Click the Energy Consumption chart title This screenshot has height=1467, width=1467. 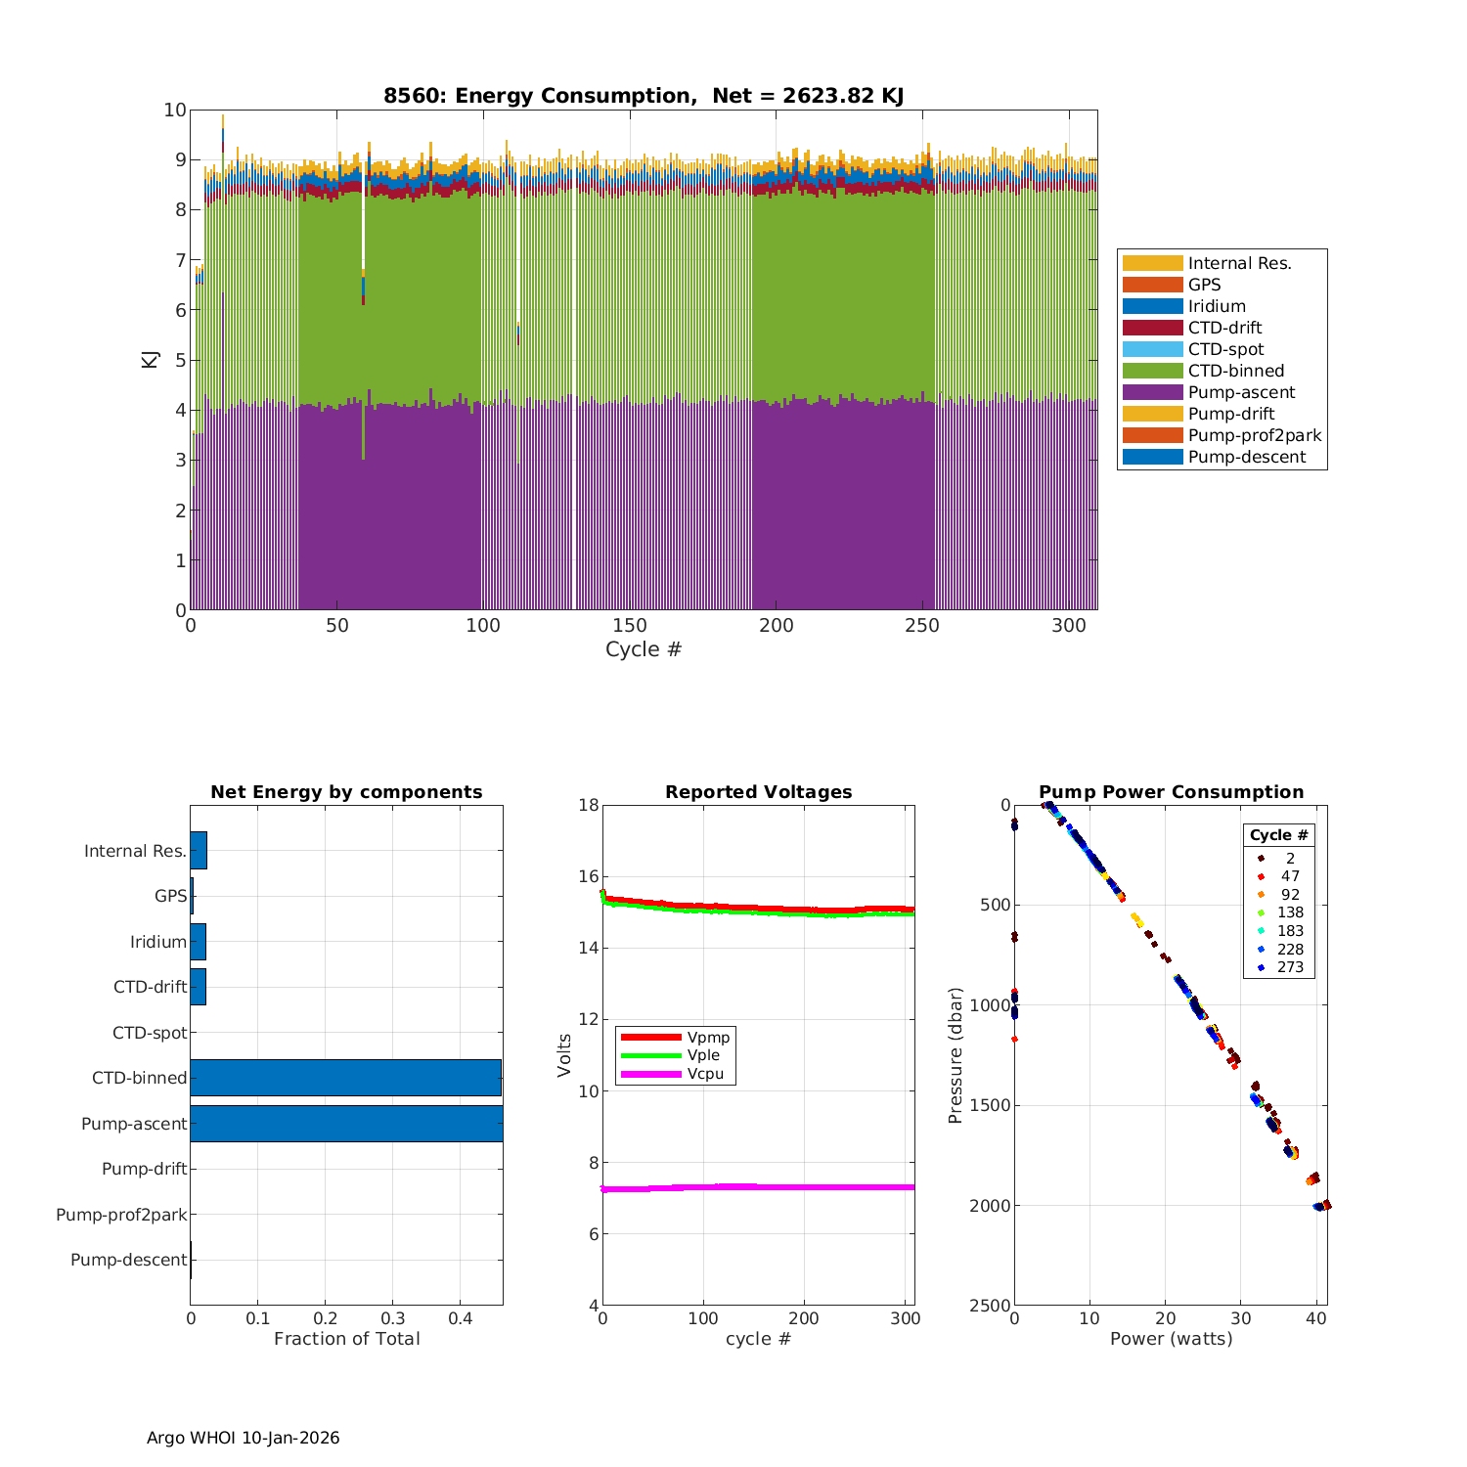pos(643,96)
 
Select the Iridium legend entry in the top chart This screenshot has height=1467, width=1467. pos(1217,306)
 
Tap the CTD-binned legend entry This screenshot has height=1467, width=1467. pos(1235,371)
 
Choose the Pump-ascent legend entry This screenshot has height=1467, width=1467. pos(1241,392)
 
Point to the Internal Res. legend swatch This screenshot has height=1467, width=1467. pos(1152,263)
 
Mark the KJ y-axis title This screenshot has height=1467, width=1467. pos(150,359)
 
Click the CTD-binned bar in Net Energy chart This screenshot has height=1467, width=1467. pos(345,1078)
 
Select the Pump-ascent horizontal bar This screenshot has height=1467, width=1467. pos(346,1124)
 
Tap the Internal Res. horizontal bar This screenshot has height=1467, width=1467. pos(199,851)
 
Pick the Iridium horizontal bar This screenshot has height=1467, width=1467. pos(198,942)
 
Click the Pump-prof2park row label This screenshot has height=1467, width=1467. pos(121,1215)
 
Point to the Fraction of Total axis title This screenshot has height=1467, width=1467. pos(346,1339)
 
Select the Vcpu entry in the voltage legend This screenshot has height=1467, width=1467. pos(705,1074)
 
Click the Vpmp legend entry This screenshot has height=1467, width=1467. pos(708,1037)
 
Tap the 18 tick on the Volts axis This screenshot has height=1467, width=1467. pos(588,805)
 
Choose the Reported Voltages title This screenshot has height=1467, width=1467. pos(758,792)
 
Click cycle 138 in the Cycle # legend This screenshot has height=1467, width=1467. pos(1290,912)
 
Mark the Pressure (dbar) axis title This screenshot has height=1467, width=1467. pos(956,1055)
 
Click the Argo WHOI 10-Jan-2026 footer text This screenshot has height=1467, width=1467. pos(243,1438)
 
